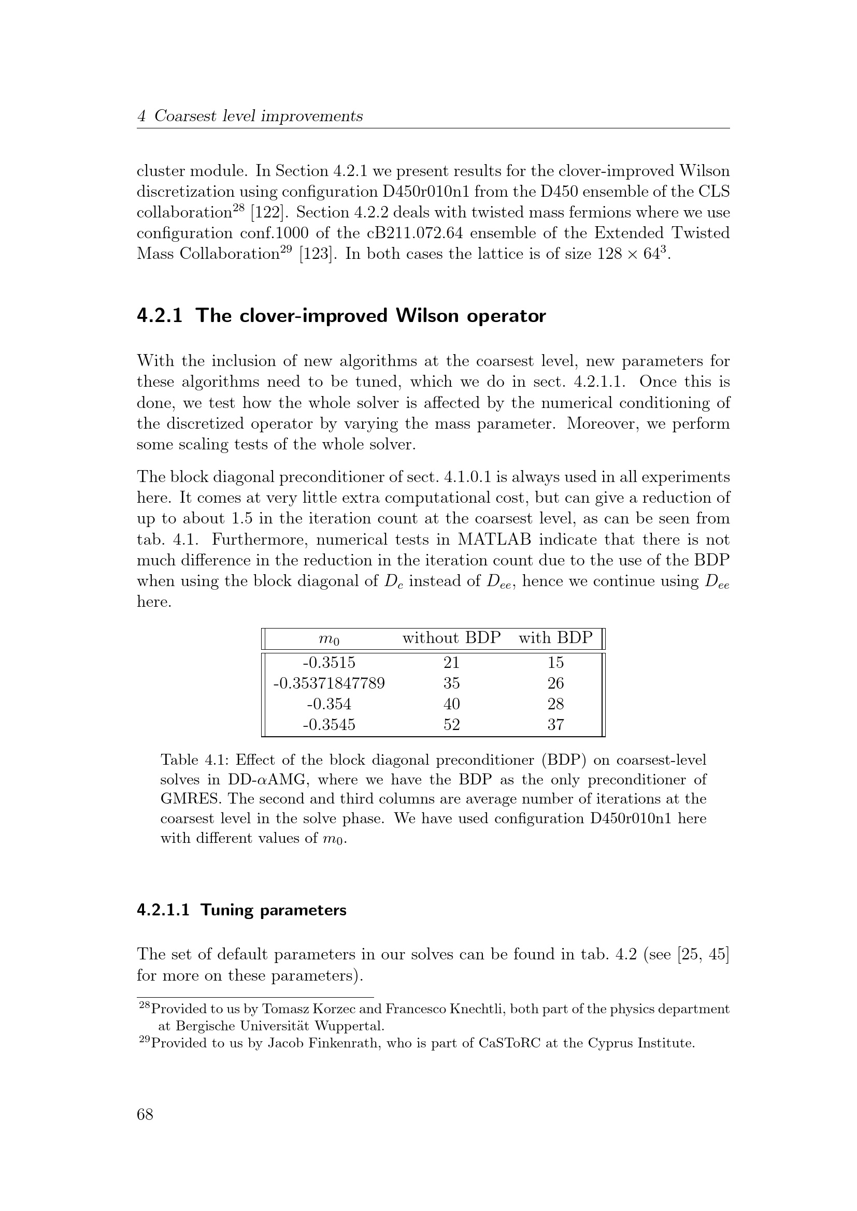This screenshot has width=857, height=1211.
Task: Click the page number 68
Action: [x=145, y=1114]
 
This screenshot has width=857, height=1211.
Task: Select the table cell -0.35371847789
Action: [x=329, y=683]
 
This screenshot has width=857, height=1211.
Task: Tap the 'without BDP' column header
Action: [x=451, y=638]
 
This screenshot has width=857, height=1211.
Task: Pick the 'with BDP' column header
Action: [x=555, y=638]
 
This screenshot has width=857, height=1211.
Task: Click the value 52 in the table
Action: [x=451, y=724]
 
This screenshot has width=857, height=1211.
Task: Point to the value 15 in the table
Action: [x=555, y=662]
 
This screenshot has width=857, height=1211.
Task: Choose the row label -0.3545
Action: [x=329, y=724]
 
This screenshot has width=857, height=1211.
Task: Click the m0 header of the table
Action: [x=329, y=639]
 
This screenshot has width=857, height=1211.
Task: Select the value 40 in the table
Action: [x=451, y=704]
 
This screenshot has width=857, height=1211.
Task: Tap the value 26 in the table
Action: [x=555, y=683]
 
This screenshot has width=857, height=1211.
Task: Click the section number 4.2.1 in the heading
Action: [x=160, y=315]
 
